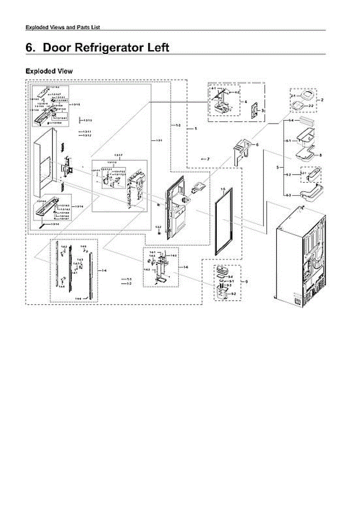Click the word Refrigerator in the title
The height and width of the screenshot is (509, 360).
pyautogui.click(x=108, y=48)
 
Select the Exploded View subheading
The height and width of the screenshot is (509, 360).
pyautogui.click(x=49, y=71)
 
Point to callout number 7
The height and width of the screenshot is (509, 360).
pyautogui.click(x=208, y=159)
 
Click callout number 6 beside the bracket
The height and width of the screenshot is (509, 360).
pyautogui.click(x=257, y=145)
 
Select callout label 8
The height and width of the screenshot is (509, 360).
pyautogui.click(x=320, y=155)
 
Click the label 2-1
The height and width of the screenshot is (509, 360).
pyautogui.click(x=293, y=97)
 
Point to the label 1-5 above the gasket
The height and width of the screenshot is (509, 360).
pyautogui.click(x=223, y=187)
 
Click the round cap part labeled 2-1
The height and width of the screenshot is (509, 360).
pyautogui.click(x=305, y=94)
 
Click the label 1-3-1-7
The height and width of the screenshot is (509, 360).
pyautogui.click(x=118, y=156)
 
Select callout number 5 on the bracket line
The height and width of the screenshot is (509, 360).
pyautogui.click(x=277, y=168)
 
